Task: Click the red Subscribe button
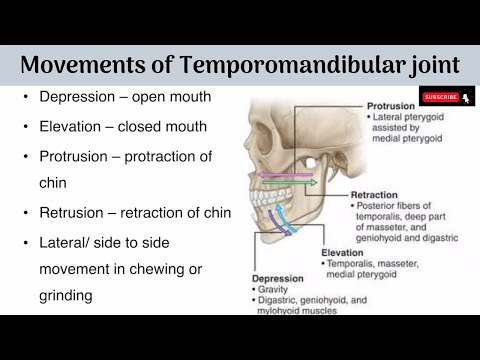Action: coord(441,97)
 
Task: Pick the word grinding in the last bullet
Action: coord(67,297)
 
